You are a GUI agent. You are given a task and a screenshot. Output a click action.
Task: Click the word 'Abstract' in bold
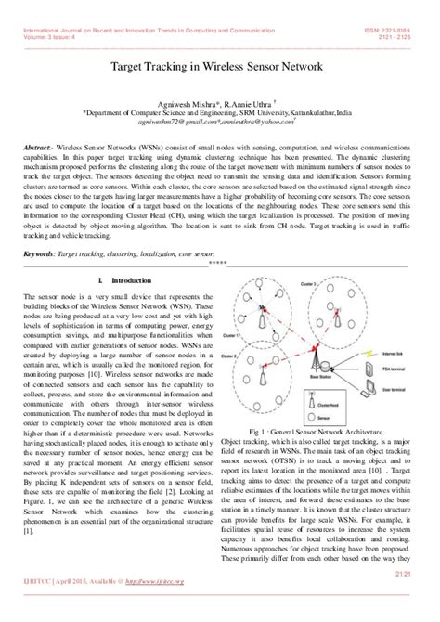[x=37, y=149]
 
